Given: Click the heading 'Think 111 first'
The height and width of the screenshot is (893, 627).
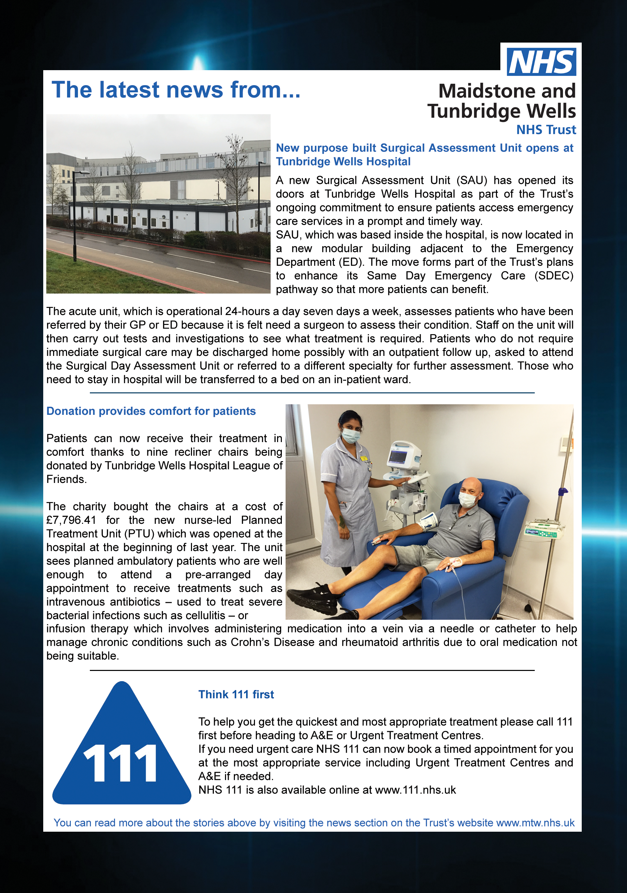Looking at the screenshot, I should click(236, 694).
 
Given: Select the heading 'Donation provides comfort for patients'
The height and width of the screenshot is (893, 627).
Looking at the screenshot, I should click(151, 411).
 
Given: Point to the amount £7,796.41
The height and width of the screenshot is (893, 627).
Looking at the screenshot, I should click(71, 520).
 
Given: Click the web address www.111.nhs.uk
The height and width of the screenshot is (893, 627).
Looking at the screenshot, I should click(415, 790).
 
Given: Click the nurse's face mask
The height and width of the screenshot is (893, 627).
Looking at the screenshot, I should click(351, 435).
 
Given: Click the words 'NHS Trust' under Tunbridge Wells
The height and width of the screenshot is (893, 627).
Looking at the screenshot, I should click(546, 129).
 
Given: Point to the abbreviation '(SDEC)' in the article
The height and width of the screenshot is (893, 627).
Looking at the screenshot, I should click(553, 276).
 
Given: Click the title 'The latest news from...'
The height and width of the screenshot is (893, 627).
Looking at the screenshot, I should click(176, 90).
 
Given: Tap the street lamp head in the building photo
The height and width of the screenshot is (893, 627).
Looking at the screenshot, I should click(82, 172).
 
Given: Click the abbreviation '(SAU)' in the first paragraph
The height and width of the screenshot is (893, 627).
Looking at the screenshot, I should click(471, 181).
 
